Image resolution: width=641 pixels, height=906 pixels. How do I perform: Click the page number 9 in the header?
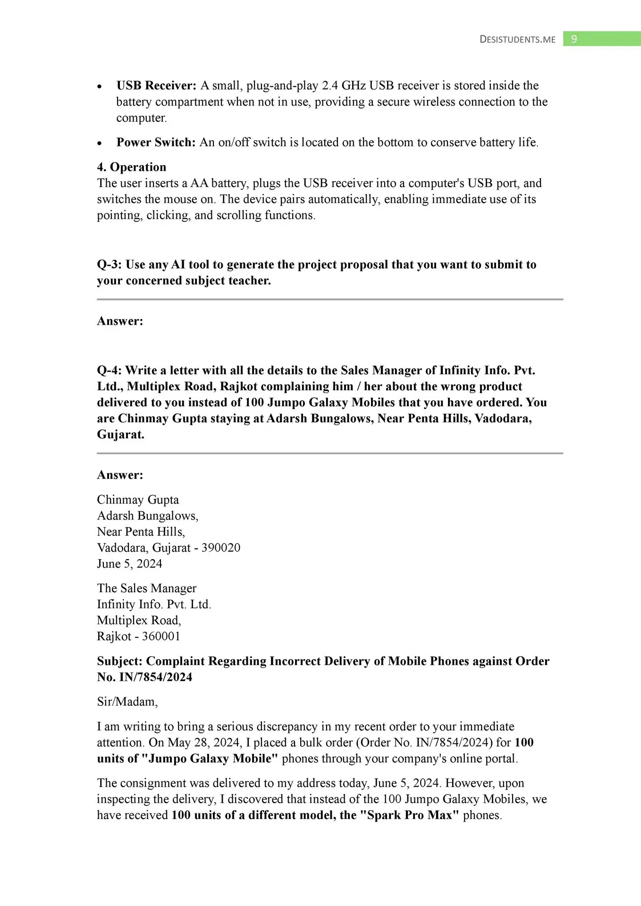(574, 39)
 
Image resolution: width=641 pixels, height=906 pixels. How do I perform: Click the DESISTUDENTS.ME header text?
(517, 39)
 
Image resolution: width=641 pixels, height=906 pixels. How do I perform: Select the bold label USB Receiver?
(156, 85)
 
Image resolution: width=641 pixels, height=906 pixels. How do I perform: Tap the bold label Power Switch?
(156, 142)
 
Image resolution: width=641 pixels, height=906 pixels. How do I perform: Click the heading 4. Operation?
(132, 167)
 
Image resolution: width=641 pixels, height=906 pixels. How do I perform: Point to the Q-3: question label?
(110, 264)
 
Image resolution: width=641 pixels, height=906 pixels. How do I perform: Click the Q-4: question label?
(110, 370)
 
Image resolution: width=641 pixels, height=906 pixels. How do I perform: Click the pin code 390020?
(221, 547)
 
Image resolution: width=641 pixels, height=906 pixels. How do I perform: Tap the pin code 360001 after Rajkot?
(161, 636)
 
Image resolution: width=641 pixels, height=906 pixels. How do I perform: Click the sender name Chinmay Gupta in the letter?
(138, 499)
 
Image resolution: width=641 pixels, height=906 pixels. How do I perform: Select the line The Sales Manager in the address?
(147, 588)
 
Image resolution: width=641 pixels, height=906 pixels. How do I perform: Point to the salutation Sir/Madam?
(127, 701)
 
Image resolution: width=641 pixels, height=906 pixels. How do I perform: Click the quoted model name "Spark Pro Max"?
(410, 815)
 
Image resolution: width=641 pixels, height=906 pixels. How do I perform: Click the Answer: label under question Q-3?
(120, 321)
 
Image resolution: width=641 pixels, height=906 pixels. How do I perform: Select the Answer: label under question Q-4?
(120, 475)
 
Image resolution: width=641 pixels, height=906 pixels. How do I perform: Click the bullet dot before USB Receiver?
(99, 86)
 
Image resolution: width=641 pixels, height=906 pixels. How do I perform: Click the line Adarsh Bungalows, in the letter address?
(148, 515)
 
